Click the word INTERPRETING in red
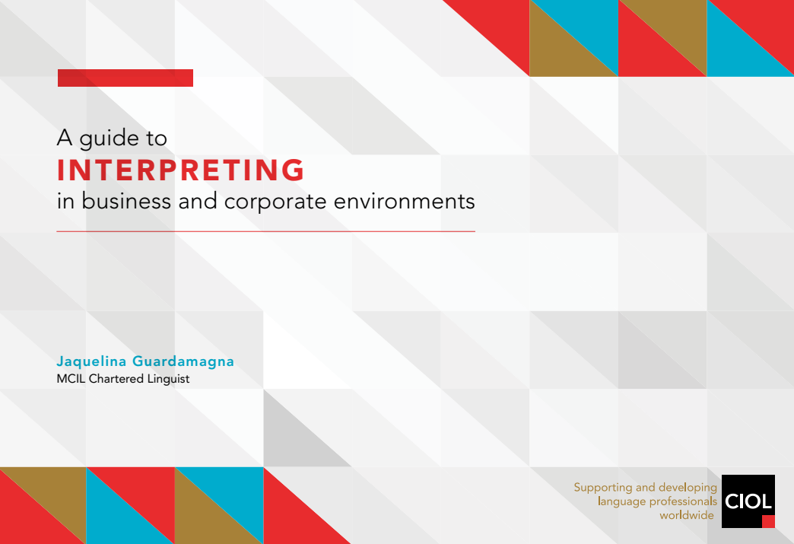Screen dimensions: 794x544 click(x=180, y=170)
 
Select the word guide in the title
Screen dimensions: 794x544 click(x=109, y=138)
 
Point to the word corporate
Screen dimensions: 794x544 click(x=275, y=202)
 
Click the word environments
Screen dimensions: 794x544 click(x=404, y=201)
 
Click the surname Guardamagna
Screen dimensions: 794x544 click(x=183, y=361)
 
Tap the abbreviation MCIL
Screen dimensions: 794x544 click(x=71, y=379)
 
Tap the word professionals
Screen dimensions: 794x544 click(x=683, y=502)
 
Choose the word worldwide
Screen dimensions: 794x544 click(x=687, y=515)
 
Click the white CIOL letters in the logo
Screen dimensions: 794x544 click(x=748, y=501)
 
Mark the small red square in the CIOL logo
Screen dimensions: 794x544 click(x=769, y=522)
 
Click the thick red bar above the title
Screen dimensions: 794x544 click(x=125, y=78)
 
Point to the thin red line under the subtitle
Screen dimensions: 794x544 click(x=266, y=231)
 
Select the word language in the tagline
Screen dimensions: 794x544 click(x=621, y=502)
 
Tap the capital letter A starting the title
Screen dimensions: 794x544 click(x=65, y=137)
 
